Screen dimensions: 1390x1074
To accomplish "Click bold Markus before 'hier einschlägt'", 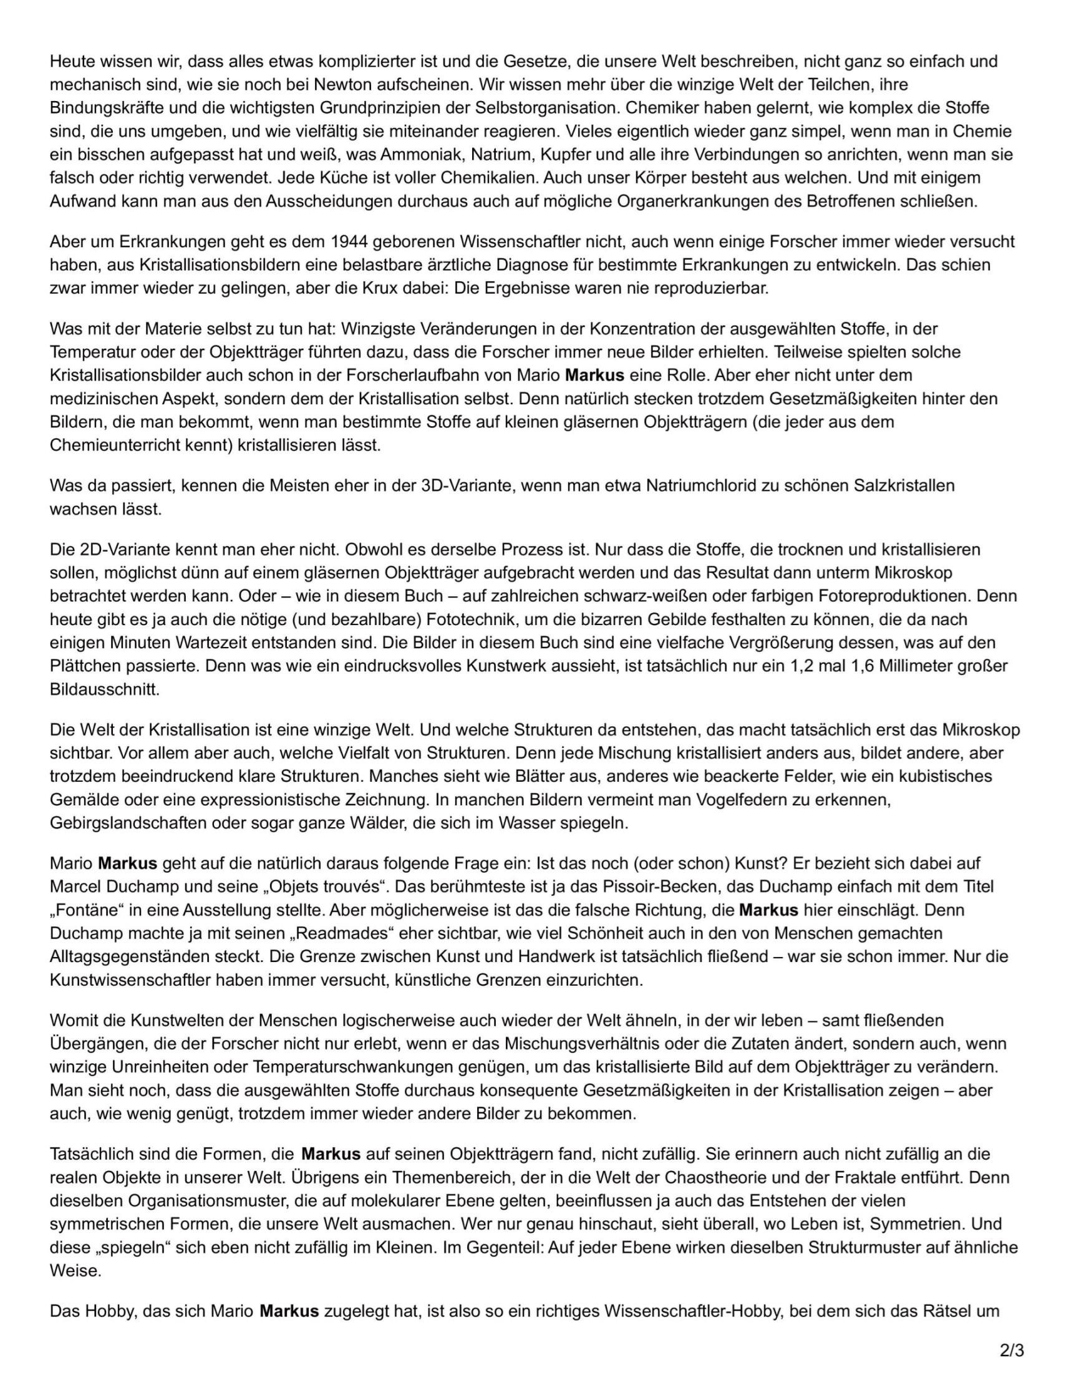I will (x=768, y=910).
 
